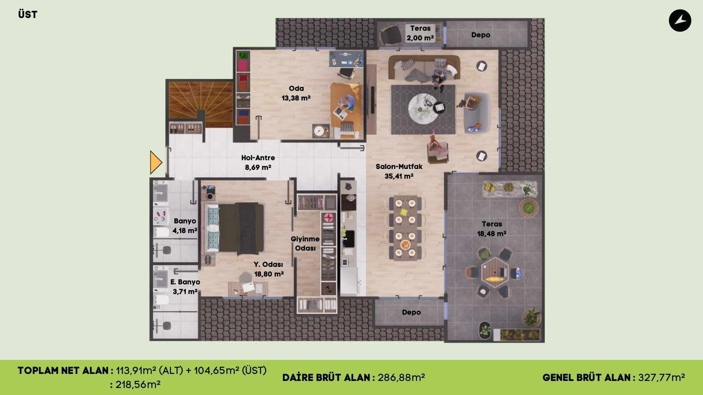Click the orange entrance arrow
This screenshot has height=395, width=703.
pos(156,162)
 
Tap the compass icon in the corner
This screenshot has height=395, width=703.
pos(680,20)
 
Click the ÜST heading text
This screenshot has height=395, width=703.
pos(28,14)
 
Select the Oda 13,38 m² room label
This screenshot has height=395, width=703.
pos(296,93)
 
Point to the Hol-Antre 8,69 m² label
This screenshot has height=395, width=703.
pos(258,162)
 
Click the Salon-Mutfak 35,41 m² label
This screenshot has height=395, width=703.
pos(399,171)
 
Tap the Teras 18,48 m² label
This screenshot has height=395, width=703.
pos(492,229)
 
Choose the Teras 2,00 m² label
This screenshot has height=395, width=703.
pos(420,33)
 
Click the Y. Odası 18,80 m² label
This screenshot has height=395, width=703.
pos(268,269)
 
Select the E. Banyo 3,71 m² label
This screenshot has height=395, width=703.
pos(185,287)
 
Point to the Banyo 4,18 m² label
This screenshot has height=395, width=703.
pos(185,226)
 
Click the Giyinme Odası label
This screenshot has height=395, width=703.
pos(305,243)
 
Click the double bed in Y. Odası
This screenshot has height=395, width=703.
pos(235,228)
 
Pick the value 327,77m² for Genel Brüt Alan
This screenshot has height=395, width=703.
pos(661,377)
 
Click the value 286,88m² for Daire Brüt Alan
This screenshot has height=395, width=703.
pos(401,377)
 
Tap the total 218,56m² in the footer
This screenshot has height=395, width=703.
pos(138,384)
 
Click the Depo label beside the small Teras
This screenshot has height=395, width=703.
pos(481,35)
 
